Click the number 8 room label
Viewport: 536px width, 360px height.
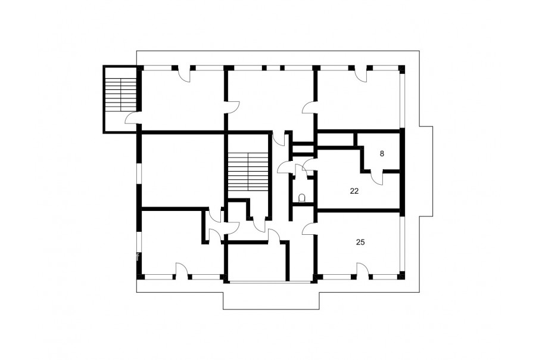tap(382, 154)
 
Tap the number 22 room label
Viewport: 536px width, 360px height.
tap(354, 191)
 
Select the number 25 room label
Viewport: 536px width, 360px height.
tap(360, 242)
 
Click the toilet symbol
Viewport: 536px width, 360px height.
tap(302, 198)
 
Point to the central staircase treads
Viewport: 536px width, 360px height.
tap(248, 172)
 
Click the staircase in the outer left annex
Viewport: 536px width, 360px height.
tap(120, 94)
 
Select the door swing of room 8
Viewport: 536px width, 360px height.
tap(376, 176)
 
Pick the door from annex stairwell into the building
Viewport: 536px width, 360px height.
tap(132, 118)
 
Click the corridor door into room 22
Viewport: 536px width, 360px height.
tap(309, 163)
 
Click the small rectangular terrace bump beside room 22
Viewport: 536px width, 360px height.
tap(426, 171)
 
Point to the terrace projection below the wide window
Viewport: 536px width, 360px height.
tap(271, 301)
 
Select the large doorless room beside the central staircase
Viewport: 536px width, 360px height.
tap(183, 170)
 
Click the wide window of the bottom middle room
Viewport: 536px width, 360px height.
tap(270, 282)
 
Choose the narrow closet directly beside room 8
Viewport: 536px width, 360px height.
tap(335, 139)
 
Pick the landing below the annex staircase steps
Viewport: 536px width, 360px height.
tap(120, 122)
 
